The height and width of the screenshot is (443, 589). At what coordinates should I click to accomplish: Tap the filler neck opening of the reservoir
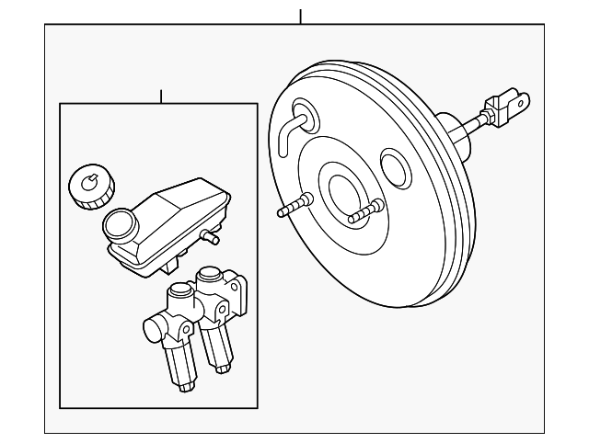[120, 223]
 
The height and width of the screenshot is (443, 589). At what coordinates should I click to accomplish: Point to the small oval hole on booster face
[396, 168]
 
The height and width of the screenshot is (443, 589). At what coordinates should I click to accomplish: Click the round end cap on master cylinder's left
[150, 328]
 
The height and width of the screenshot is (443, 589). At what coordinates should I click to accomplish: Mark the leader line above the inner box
[161, 97]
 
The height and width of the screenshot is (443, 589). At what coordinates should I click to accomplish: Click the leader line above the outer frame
[300, 17]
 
